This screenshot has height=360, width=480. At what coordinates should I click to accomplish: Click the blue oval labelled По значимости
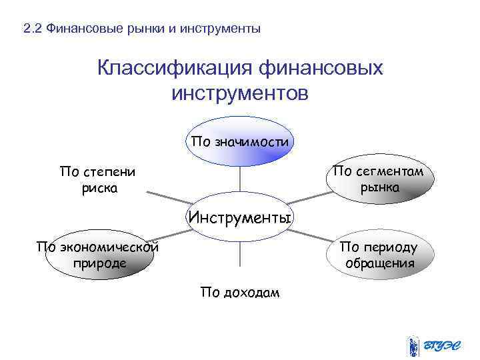tap(240, 141)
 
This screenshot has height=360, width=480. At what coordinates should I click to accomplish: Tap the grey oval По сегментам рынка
tap(378, 179)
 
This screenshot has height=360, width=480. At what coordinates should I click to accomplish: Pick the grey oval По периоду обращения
tap(379, 255)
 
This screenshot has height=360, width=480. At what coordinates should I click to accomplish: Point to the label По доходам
tap(240, 293)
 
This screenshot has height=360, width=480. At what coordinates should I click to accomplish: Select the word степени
tap(107, 172)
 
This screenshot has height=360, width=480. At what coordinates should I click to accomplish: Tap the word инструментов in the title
tap(240, 93)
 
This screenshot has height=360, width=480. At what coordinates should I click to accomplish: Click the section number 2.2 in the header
tap(32, 29)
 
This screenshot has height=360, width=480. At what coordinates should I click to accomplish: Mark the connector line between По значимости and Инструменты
tap(240, 180)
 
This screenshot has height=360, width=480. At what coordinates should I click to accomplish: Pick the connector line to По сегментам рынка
tap(308, 199)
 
